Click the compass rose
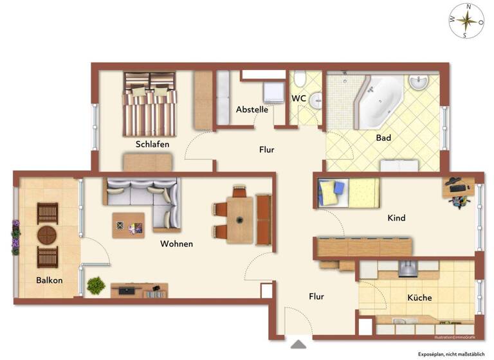coord(467,21)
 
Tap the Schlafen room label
coord(152,144)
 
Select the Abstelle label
coord(252,109)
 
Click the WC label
coord(298,98)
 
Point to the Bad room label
coord(383,138)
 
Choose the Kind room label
coord(396,218)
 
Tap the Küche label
coord(419,298)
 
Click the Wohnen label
coord(176,244)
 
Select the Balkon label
coord(49,280)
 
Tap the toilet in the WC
coord(300,80)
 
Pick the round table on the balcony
coord(48,235)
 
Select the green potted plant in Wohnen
coord(96,285)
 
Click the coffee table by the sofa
coord(128,225)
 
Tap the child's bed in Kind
coord(348,192)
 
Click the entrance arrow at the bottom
coord(298,345)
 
